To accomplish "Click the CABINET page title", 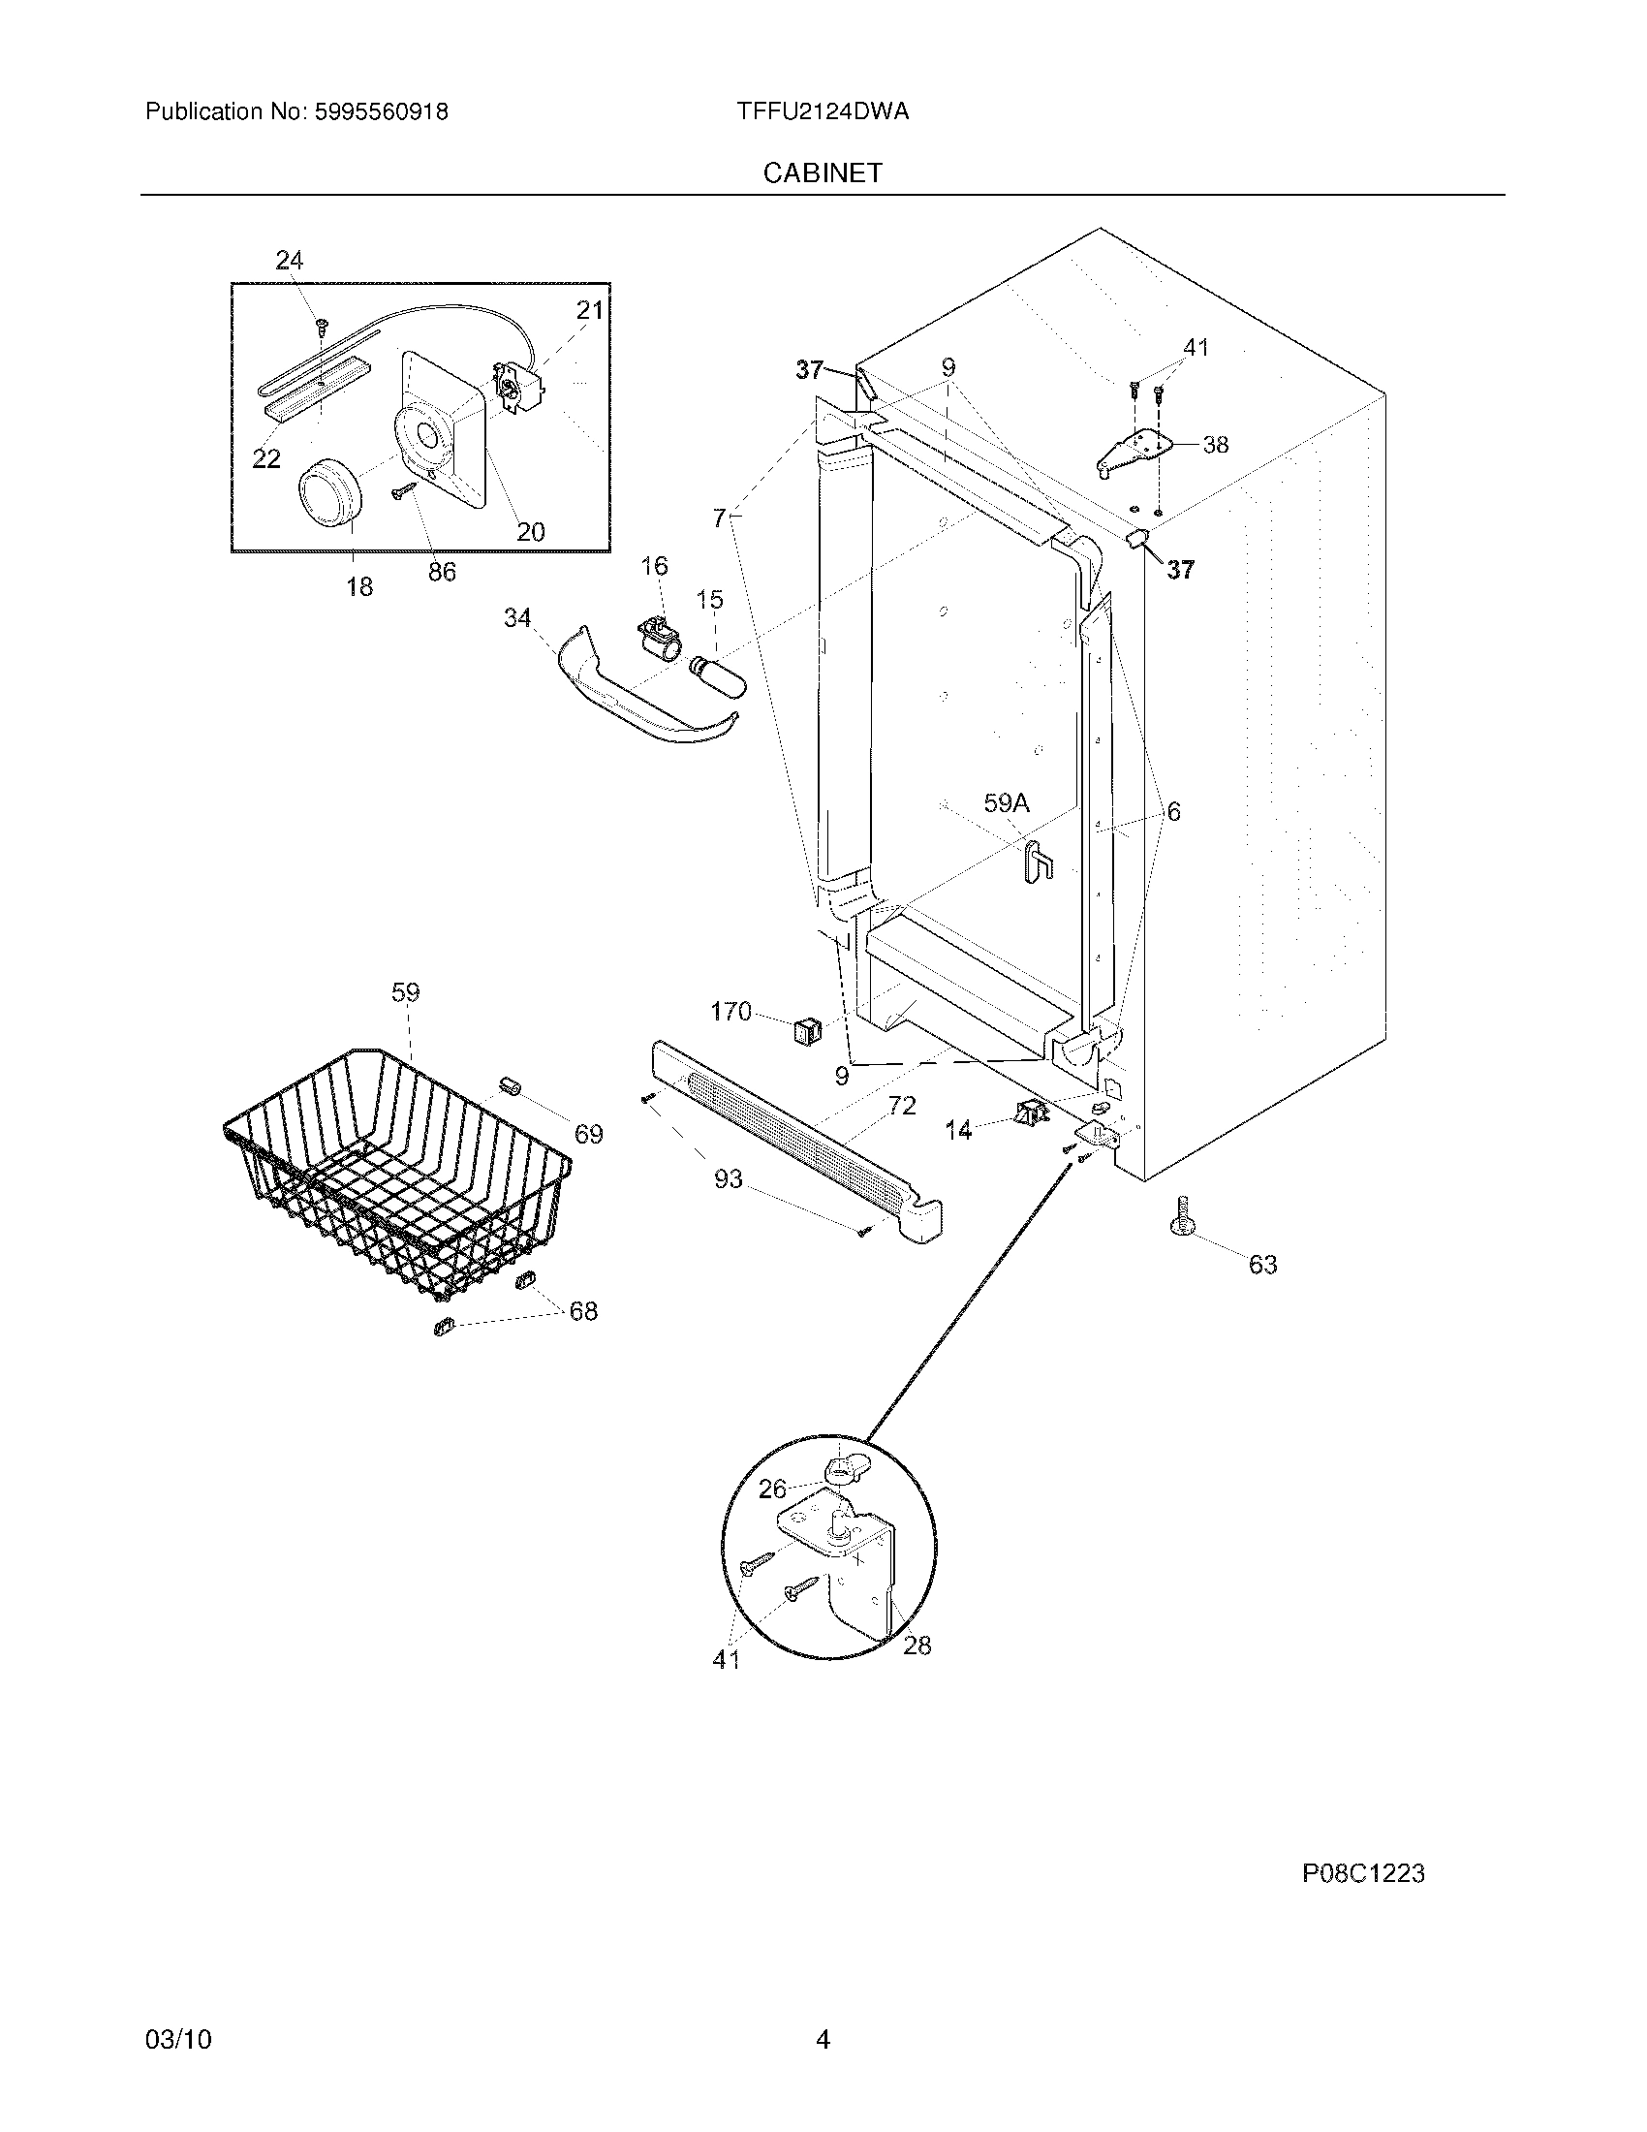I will point(822,172).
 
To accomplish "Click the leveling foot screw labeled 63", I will point(1184,1215).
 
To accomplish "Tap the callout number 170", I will point(730,1012).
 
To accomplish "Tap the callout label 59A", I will point(1006,803).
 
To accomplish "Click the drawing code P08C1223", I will point(1363,1873).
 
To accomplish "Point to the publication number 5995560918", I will point(380,111).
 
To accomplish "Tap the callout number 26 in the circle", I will point(772,1489).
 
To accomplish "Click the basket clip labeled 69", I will point(508,1086).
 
